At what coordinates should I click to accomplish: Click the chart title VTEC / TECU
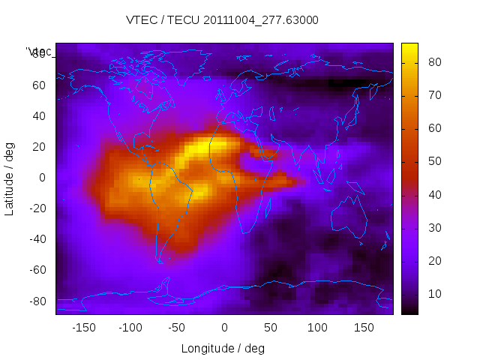point(223,20)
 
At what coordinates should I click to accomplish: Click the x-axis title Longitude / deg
point(223,349)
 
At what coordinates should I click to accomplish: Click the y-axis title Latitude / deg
point(10,178)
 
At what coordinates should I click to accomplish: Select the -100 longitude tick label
point(130,328)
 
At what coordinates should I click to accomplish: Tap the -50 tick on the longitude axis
point(177,328)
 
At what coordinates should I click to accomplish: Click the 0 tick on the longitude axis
point(224,328)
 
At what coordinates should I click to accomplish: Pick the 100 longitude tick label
point(318,328)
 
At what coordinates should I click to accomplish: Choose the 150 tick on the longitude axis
point(364,328)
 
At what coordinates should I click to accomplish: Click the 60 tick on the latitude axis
point(38,85)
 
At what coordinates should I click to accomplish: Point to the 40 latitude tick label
point(38,115)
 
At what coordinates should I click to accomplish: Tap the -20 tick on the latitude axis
point(36,208)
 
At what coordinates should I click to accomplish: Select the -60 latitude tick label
point(36,270)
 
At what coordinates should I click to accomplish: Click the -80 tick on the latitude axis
point(36,301)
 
